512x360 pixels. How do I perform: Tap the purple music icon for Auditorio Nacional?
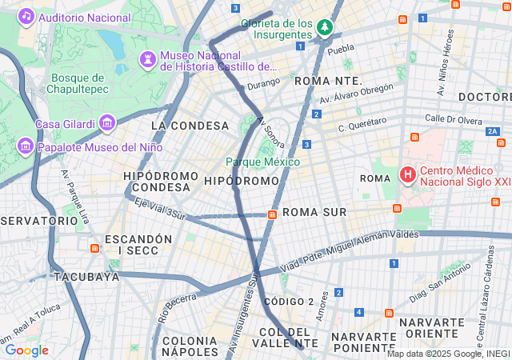tap(26, 16)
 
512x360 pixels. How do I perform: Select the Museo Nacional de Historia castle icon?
tap(148, 58)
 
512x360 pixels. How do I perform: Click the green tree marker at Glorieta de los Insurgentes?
tap(324, 28)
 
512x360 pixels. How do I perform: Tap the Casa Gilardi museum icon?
tap(107, 124)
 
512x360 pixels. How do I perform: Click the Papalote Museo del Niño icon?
tap(26, 147)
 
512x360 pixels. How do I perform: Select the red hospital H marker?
tap(407, 174)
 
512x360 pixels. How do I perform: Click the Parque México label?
tap(262, 162)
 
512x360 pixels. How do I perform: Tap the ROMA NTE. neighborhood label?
tap(328, 82)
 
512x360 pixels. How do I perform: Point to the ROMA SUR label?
tap(314, 212)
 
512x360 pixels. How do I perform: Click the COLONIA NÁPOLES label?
tap(190, 346)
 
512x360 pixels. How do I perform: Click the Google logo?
tap(26, 350)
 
